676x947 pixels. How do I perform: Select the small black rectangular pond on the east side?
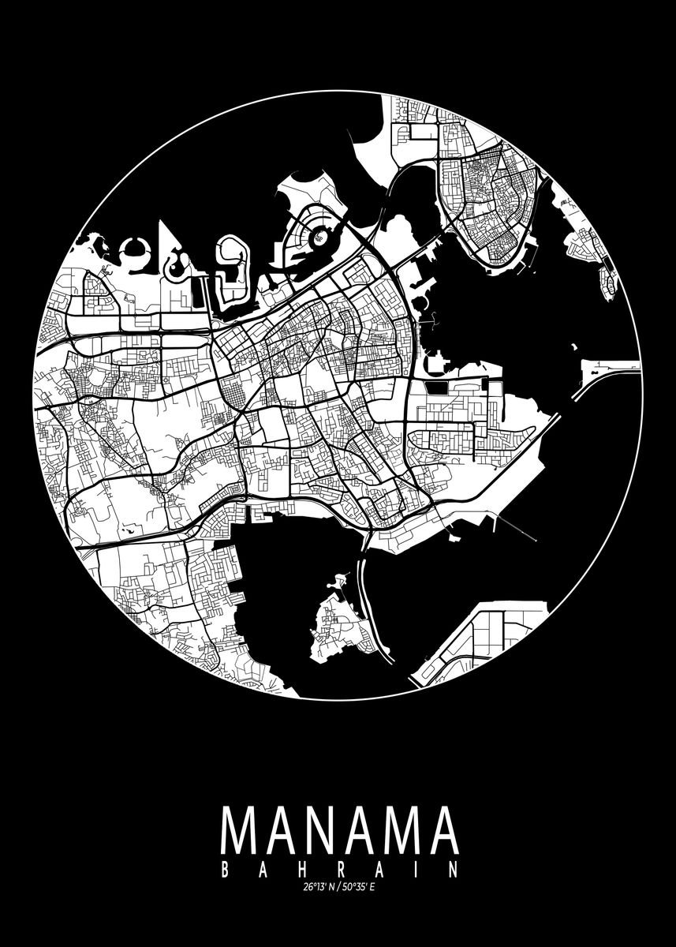tap(435, 388)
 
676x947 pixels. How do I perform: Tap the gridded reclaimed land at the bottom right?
tap(481, 635)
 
